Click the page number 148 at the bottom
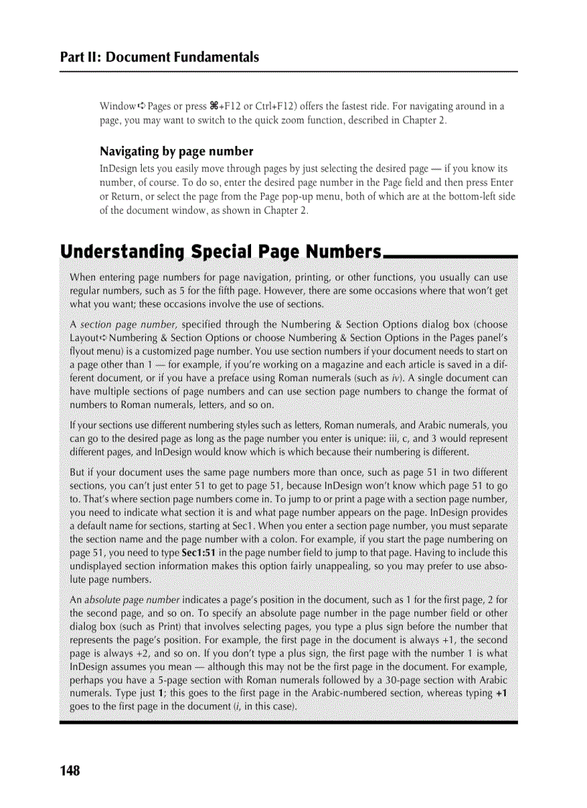70,771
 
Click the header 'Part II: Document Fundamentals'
159,57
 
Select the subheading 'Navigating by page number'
176,151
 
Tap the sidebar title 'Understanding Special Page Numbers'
220,252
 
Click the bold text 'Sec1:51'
203,553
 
